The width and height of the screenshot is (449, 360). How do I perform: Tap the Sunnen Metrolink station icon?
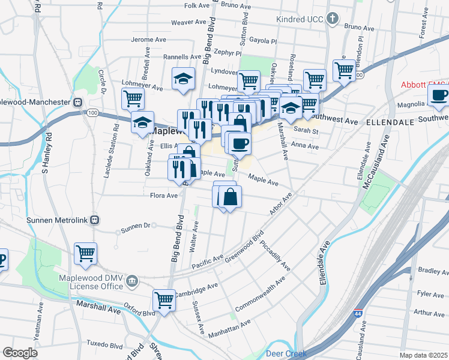coord(94,220)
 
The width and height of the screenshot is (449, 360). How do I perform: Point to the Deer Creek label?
coord(286,353)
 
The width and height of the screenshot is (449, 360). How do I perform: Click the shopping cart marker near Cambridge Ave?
coord(163,299)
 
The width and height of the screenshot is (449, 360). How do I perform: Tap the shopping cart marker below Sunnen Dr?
coord(85,253)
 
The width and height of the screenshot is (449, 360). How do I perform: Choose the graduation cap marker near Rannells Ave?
coord(183,78)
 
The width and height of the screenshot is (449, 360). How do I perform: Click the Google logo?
coord(20,352)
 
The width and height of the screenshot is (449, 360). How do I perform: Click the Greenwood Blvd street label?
coord(244,248)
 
